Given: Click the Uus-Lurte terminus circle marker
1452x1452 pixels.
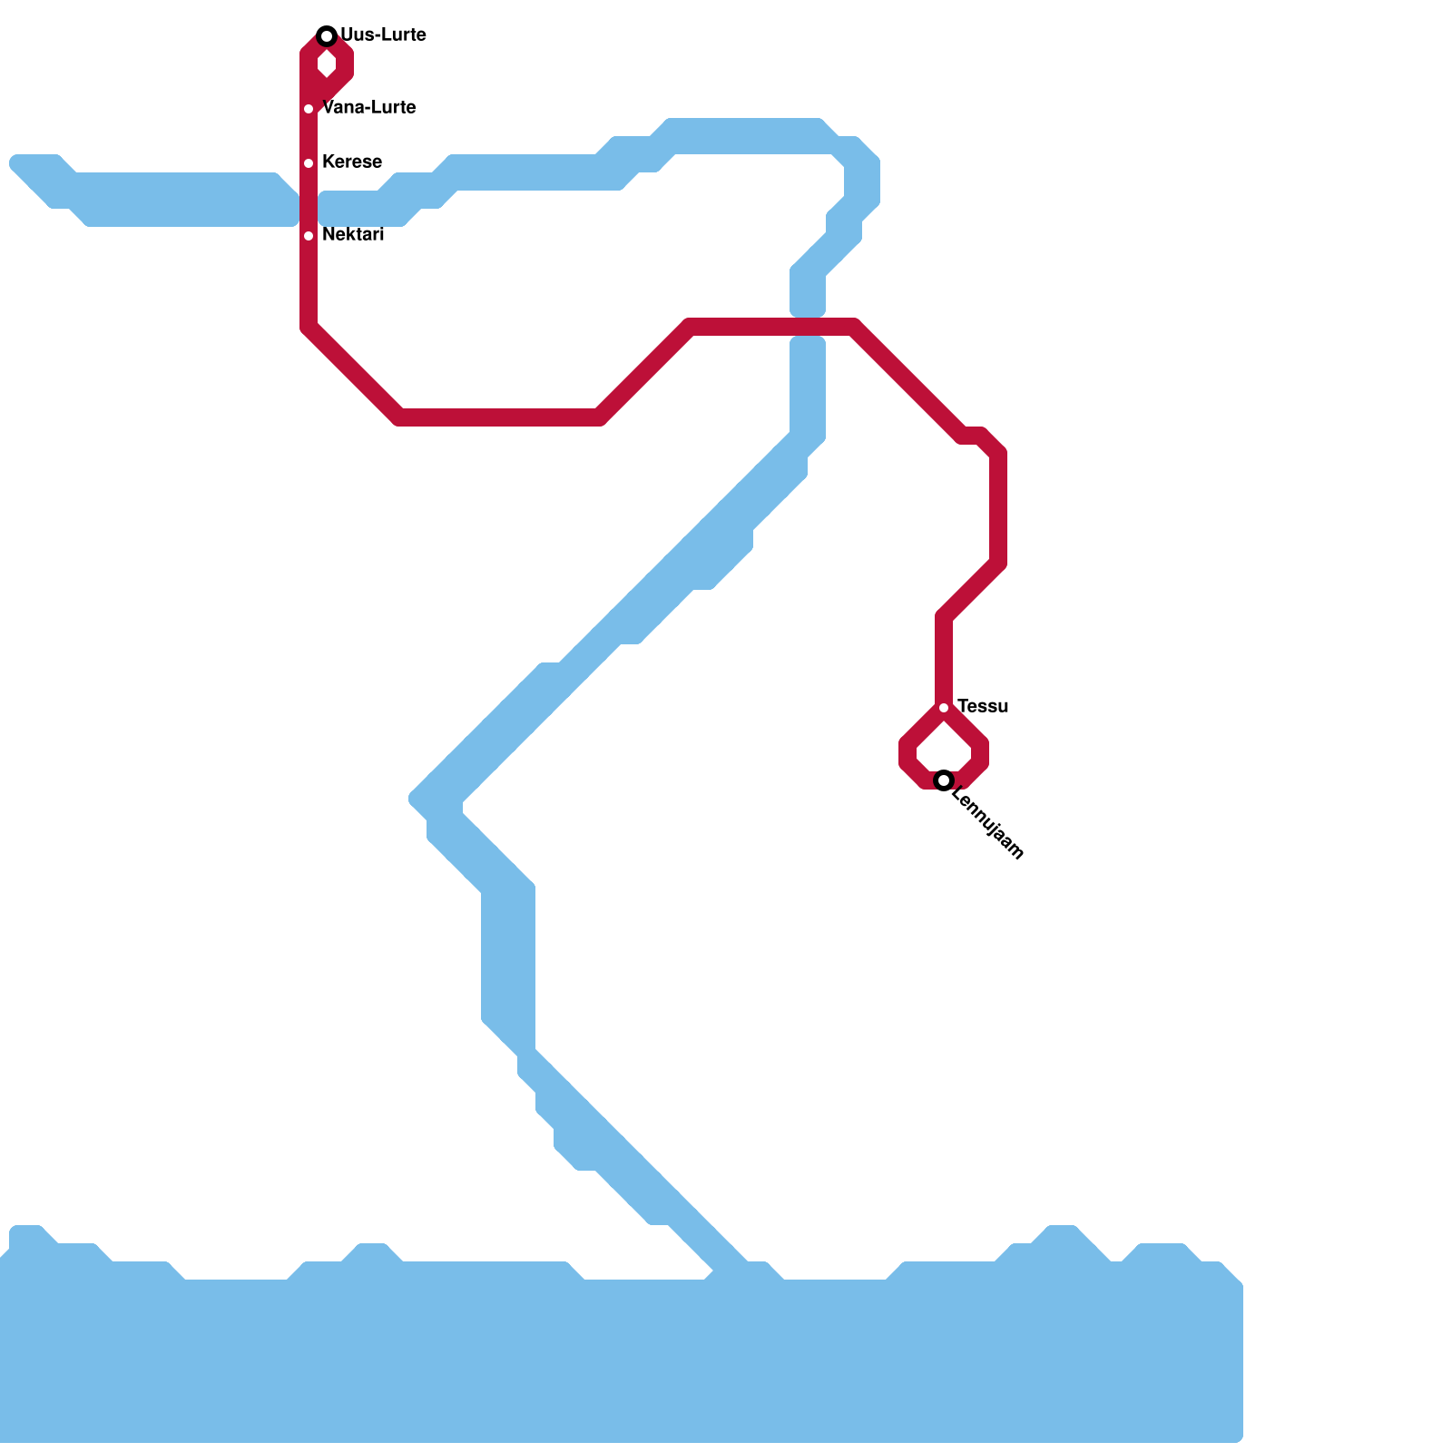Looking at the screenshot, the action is (x=327, y=36).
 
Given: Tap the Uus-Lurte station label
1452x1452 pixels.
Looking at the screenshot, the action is (x=383, y=35).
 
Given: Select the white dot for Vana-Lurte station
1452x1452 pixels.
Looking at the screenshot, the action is (x=309, y=109).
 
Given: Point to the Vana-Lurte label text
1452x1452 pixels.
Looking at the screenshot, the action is (x=368, y=108).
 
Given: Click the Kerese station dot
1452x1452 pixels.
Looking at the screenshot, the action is (x=309, y=163).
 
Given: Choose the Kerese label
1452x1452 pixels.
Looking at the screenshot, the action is (x=351, y=162).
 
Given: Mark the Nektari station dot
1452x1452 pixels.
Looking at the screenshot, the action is (x=309, y=236).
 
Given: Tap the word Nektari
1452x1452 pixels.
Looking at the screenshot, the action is (x=352, y=235).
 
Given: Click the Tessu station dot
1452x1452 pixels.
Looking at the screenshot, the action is (x=944, y=708).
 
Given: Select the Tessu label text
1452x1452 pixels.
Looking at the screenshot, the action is (x=982, y=707).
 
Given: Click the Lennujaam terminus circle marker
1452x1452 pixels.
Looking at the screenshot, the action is (x=944, y=780).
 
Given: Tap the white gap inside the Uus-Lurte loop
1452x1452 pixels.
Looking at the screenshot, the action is (x=327, y=64).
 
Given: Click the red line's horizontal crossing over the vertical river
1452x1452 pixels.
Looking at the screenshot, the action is (x=808, y=327).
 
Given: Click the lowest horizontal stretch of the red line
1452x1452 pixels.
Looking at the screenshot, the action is (x=499, y=417).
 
